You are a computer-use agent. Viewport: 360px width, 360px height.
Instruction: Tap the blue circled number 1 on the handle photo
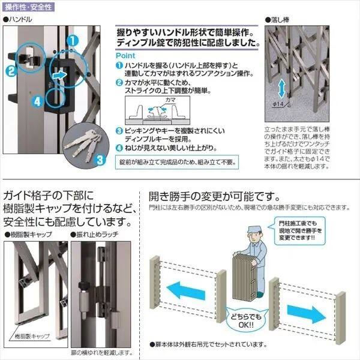click(x=71, y=41)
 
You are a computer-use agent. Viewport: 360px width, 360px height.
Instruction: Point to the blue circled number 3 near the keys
click(x=101, y=159)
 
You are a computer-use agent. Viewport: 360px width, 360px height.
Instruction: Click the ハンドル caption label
click(x=18, y=20)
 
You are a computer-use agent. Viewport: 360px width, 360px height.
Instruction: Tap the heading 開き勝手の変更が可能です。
click(x=214, y=196)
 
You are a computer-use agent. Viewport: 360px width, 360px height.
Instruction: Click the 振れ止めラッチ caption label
click(x=93, y=234)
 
